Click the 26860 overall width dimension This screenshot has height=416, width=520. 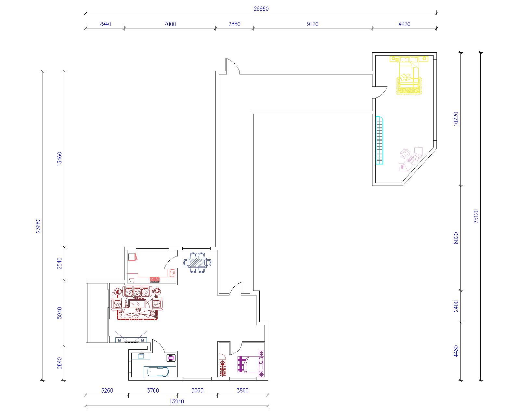tap(261, 9)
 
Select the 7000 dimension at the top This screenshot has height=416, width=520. tap(170, 24)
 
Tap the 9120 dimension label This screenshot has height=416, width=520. tap(312, 24)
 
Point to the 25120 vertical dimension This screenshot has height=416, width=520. tap(476, 216)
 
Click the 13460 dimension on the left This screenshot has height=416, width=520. tap(59, 159)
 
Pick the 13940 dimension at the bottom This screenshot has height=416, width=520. tap(176, 401)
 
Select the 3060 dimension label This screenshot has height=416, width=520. tap(197, 390)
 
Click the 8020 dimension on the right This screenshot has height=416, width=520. tap(456, 238)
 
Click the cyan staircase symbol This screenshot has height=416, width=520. tap(379, 140)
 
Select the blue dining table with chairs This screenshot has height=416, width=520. tap(197, 263)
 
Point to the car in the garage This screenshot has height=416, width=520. tap(159, 372)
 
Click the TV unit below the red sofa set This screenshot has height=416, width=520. tap(131, 340)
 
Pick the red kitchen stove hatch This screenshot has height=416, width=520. tap(155, 280)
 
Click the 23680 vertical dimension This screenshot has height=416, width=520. tap(38, 226)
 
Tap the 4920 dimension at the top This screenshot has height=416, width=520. tap(404, 24)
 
